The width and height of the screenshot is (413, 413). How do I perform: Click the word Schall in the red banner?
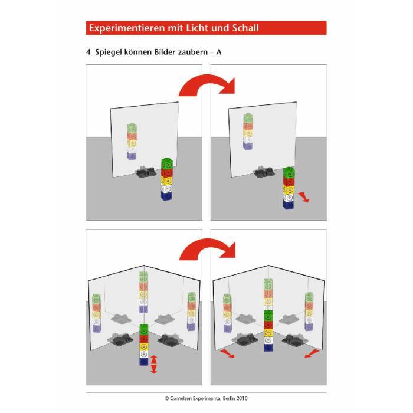pyautogui.click(x=245, y=28)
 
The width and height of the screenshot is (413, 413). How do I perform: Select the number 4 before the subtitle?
pyautogui.click(x=88, y=52)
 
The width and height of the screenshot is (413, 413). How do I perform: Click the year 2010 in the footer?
pyautogui.click(x=242, y=398)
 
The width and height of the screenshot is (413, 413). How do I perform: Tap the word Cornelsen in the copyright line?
pyautogui.click(x=181, y=398)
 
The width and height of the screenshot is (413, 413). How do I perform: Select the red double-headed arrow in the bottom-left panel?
pyautogui.click(x=154, y=364)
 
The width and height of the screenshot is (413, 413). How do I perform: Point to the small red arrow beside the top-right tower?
pyautogui.click(x=304, y=197)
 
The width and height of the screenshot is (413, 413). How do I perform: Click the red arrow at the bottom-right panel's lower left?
pyautogui.click(x=227, y=353)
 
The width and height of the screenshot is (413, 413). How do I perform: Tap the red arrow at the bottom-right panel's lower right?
pyautogui.click(x=312, y=353)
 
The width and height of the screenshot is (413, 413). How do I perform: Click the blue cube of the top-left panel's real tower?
pyautogui.click(x=167, y=195)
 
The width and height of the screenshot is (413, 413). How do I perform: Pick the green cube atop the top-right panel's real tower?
pyautogui.click(x=289, y=172)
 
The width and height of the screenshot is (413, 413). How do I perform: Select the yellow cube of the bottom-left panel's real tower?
pyautogui.click(x=144, y=346)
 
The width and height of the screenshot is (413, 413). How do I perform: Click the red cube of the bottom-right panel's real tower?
pyautogui.click(x=268, y=324)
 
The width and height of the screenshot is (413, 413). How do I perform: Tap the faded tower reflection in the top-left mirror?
pyautogui.click(x=132, y=142)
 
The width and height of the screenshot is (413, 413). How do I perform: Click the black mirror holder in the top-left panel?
pyautogui.click(x=146, y=172)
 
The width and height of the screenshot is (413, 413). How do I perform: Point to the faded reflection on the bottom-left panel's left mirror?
pyautogui.click(x=96, y=313)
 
